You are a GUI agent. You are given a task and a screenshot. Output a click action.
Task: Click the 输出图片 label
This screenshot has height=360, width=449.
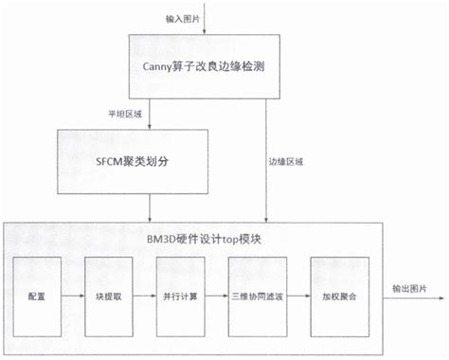(x=408, y=287)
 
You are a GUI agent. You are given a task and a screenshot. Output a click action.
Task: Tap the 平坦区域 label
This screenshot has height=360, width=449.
(x=125, y=115)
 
